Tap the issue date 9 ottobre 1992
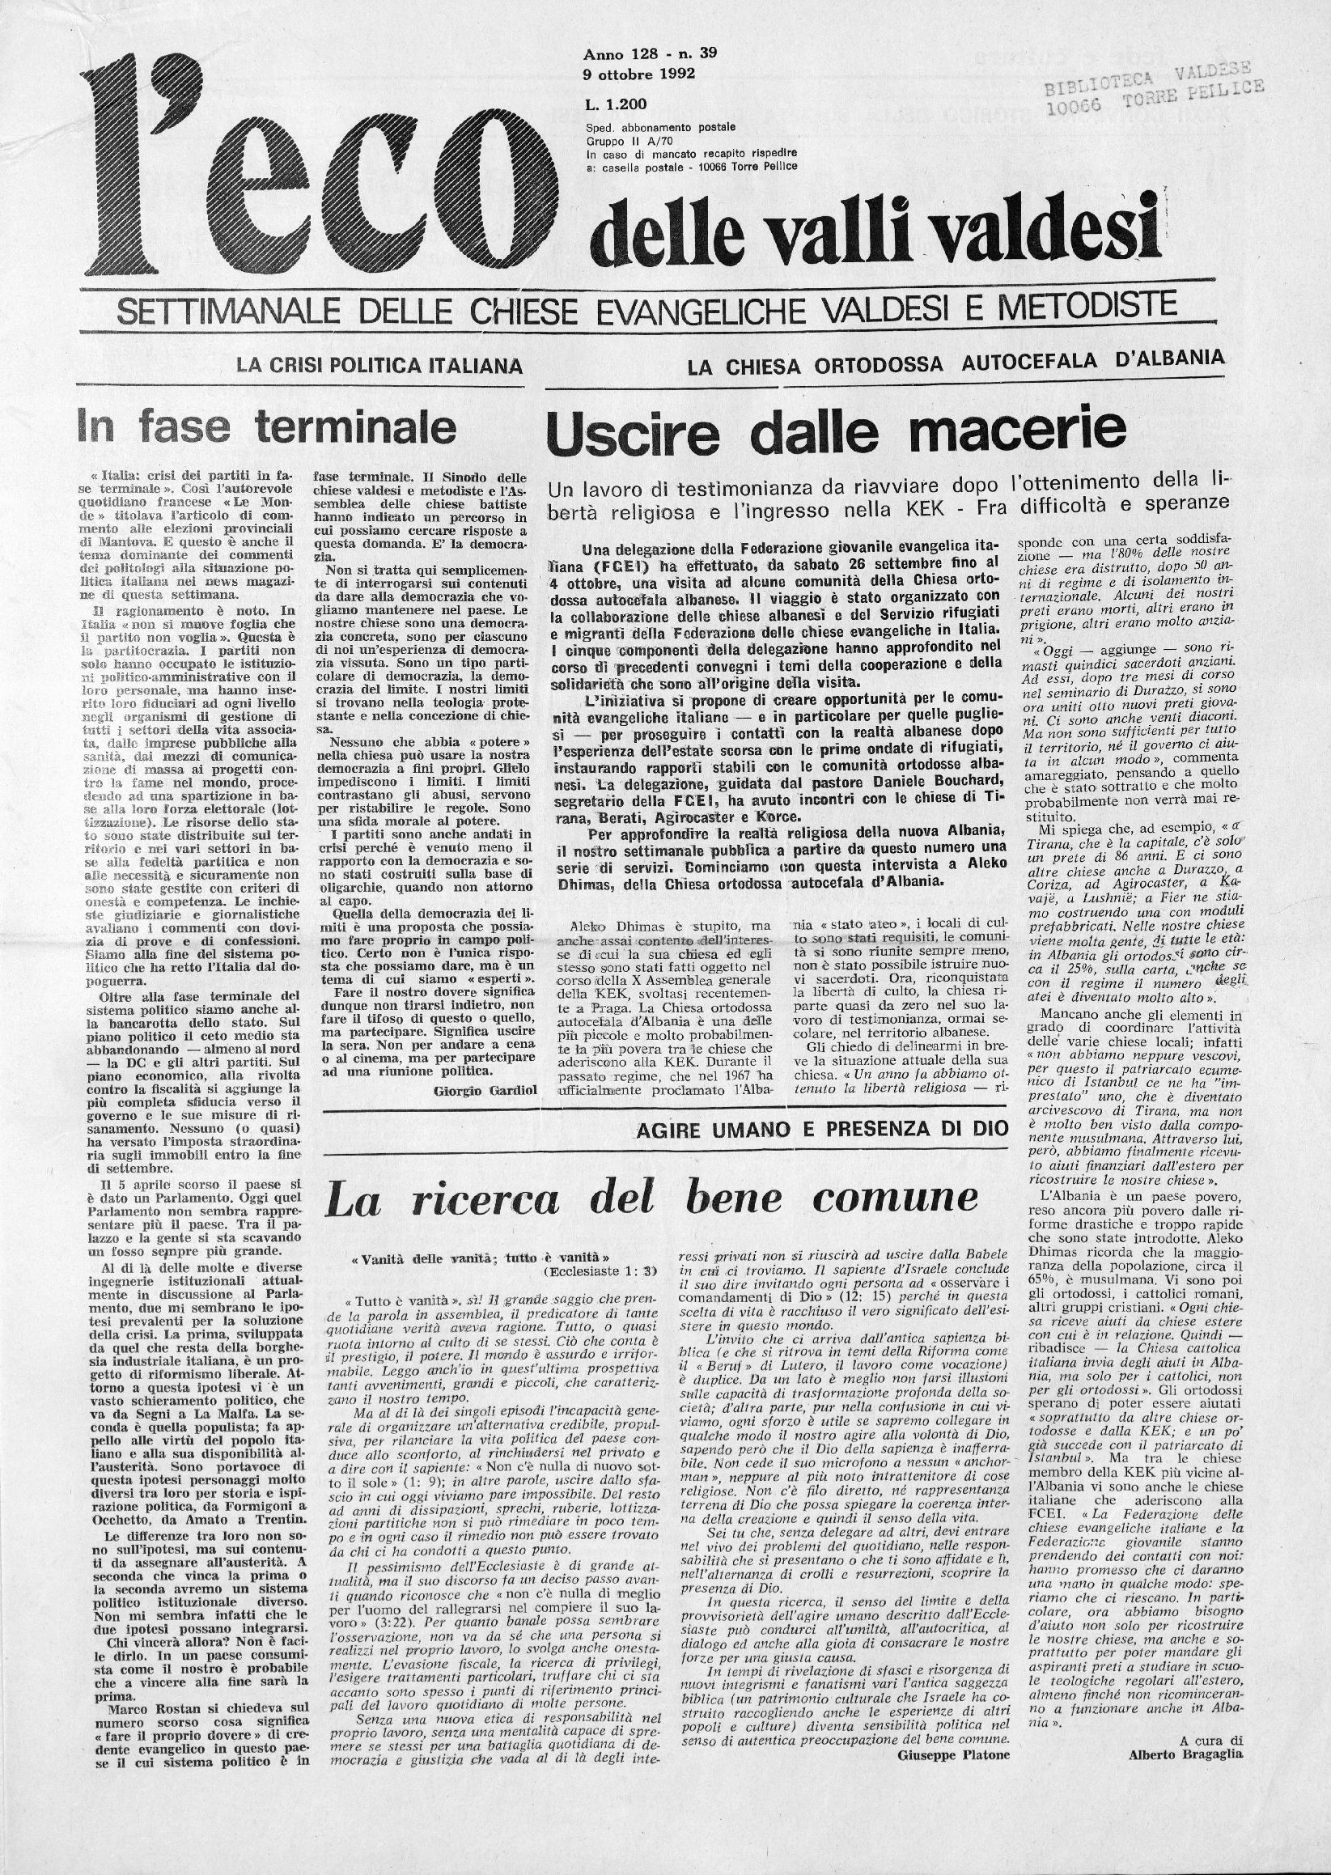(x=639, y=73)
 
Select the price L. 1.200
(x=616, y=104)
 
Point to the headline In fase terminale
(x=267, y=427)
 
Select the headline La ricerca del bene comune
(x=651, y=1200)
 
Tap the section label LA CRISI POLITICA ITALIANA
(x=379, y=365)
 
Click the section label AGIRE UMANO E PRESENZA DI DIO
(x=823, y=1131)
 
